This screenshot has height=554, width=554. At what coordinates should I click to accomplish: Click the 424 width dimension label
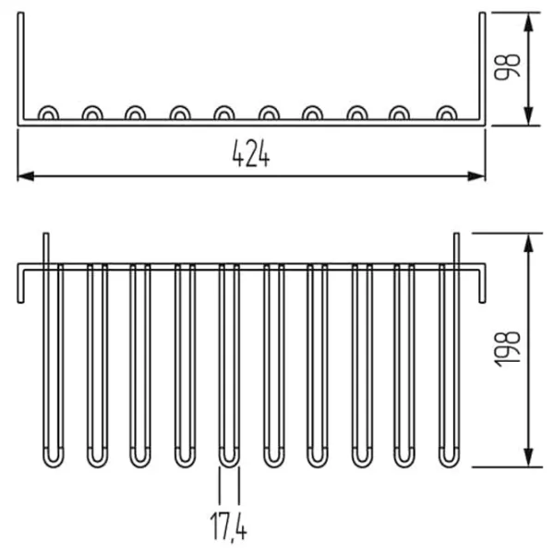click(x=250, y=156)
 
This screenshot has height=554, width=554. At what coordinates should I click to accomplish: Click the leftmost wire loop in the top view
click(x=48, y=114)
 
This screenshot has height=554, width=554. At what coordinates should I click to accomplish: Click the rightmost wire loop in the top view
click(x=447, y=114)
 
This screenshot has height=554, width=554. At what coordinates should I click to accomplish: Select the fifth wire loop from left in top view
click(x=223, y=114)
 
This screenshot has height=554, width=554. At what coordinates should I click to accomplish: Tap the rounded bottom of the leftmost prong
click(x=54, y=458)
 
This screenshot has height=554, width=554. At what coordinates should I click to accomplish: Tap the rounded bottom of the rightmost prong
click(x=449, y=458)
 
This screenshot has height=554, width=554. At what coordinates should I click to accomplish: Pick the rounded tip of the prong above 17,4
click(x=229, y=458)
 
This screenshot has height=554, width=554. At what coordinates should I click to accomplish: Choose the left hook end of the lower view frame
click(x=20, y=286)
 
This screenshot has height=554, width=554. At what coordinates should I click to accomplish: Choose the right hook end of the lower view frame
click(x=481, y=286)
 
